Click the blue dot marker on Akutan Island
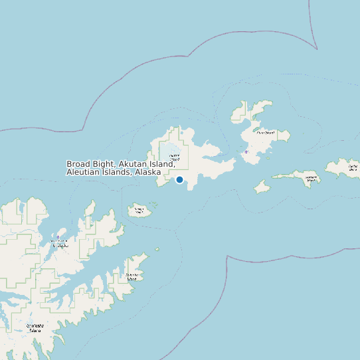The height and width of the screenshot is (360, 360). (179, 179)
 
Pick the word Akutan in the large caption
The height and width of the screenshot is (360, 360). (133, 164)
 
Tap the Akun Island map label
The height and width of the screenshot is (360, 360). (265, 132)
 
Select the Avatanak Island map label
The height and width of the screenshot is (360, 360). (310, 177)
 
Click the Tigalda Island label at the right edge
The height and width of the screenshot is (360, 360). (353, 167)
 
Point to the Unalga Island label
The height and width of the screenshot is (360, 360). (139, 211)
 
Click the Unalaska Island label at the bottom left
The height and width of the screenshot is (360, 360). (35, 327)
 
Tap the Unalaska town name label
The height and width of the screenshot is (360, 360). (60, 244)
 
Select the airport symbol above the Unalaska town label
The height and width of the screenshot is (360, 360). (58, 237)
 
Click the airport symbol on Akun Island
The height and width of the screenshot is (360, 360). (246, 152)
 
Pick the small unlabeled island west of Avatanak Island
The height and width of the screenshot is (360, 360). (262, 188)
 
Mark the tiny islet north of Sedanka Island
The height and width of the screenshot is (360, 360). (157, 250)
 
